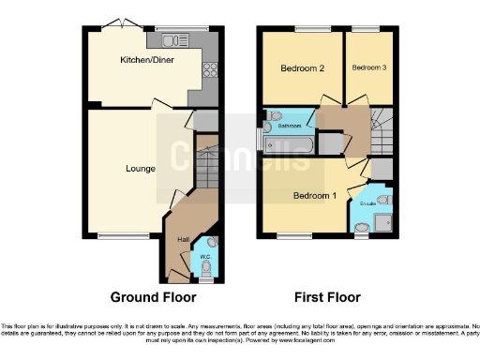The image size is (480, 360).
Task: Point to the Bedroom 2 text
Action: tap(302, 68)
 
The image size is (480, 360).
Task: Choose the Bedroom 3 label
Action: tap(367, 67)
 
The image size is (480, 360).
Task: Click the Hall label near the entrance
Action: tap(184, 240)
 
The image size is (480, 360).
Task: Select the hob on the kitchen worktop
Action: tap(208, 68)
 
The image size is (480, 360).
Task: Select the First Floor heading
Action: tap(327, 297)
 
